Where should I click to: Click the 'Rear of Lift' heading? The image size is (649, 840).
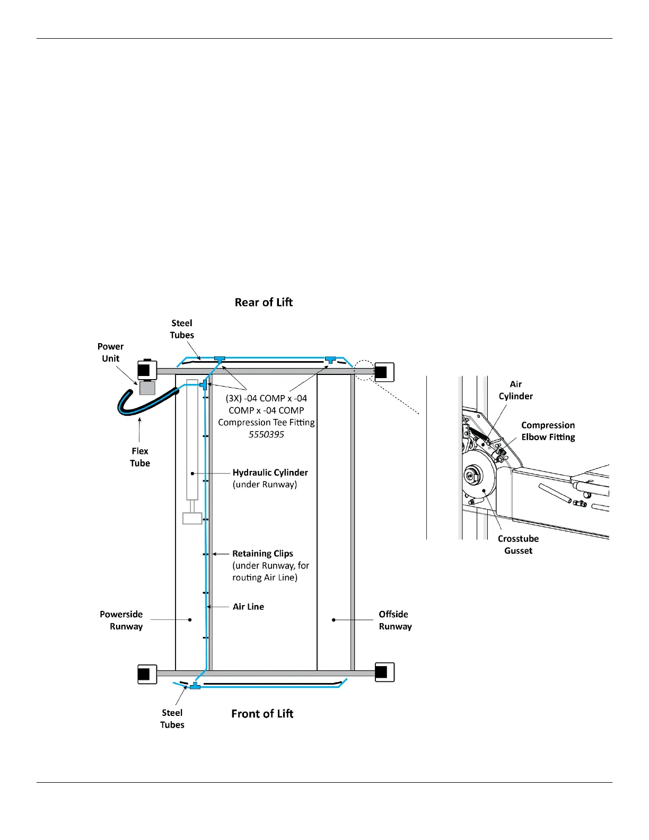[264, 302]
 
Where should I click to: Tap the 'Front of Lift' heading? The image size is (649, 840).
[262, 714]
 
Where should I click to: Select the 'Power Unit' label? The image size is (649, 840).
[110, 352]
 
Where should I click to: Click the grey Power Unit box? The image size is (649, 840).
[147, 388]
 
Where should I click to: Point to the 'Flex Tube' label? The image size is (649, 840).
[140, 457]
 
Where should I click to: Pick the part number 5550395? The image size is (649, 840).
[266, 434]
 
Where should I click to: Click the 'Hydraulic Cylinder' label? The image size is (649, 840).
[270, 472]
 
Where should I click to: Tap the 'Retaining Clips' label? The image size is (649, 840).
[262, 554]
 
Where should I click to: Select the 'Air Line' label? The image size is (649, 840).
[248, 607]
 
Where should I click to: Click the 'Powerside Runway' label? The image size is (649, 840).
[121, 620]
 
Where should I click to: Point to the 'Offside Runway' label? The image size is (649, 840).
[394, 620]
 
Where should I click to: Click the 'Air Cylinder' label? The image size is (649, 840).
[515, 390]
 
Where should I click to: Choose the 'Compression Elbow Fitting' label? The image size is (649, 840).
[548, 431]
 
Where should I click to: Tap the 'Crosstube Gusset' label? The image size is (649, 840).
[518, 545]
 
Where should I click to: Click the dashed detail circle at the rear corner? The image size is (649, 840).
[364, 370]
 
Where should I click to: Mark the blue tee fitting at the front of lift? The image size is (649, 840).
[195, 686]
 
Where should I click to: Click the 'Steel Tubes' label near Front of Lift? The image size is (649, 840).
[172, 719]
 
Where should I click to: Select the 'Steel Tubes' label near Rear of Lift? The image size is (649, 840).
[182, 329]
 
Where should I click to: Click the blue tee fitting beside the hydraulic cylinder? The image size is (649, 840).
[203, 384]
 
